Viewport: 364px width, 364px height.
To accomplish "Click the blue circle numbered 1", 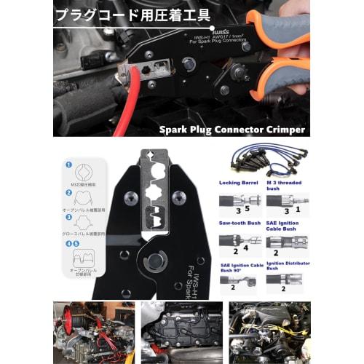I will click(x=68, y=165).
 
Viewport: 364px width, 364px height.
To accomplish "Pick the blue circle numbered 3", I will click(x=68, y=216).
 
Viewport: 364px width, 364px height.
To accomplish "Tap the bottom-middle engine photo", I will click(x=181, y=332).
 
